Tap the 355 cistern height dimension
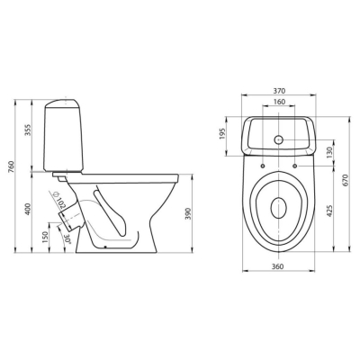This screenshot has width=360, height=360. tap(28, 130)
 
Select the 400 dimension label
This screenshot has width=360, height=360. tap(28, 209)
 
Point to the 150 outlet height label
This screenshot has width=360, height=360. tap(45, 238)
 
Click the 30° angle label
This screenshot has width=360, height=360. tap(68, 239)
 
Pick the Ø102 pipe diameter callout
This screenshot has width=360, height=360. tap(59, 200)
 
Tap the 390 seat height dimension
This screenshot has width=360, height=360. tap(188, 213)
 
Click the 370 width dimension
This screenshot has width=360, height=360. tap(279, 91)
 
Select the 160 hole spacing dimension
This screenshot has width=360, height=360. tap(279, 102)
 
